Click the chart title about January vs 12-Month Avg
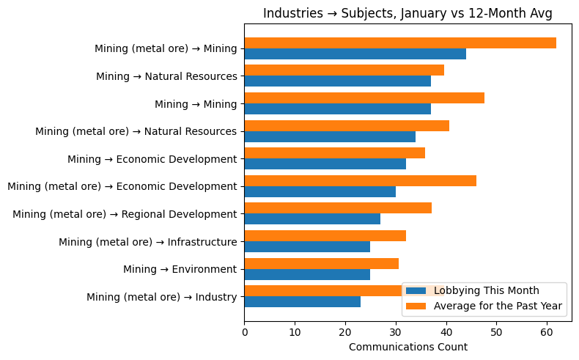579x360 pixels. click(x=407, y=13)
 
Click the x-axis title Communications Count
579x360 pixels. click(x=407, y=347)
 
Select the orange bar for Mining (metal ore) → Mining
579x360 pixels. click(x=399, y=43)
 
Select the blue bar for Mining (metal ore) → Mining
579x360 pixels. click(x=355, y=54)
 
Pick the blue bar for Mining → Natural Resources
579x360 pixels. click(x=337, y=81)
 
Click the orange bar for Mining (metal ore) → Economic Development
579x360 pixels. click(x=360, y=180)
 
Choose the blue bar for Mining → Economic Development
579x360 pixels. click(x=325, y=164)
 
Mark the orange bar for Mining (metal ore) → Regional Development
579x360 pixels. click(x=337, y=208)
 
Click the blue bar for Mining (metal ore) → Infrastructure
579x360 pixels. click(x=306, y=246)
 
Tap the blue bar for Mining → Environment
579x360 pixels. click(x=306, y=274)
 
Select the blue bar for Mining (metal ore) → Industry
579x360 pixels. click(x=302, y=301)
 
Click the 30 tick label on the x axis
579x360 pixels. click(x=396, y=332)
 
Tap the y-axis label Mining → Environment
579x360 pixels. click(x=180, y=269)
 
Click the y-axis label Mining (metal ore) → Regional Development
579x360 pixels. click(x=125, y=214)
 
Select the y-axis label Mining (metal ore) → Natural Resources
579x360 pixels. click(x=136, y=131)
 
